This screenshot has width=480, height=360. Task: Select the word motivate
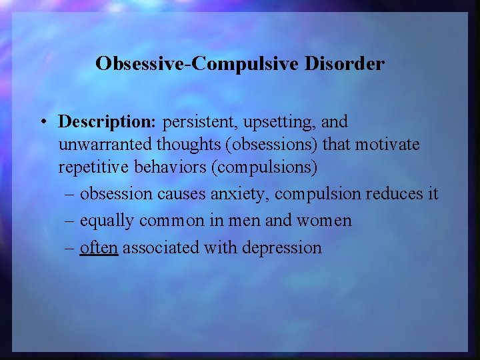point(389,145)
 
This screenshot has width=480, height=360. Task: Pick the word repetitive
point(92,167)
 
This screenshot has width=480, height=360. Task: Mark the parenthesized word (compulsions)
point(264,167)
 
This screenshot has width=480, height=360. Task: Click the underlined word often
point(99,247)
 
